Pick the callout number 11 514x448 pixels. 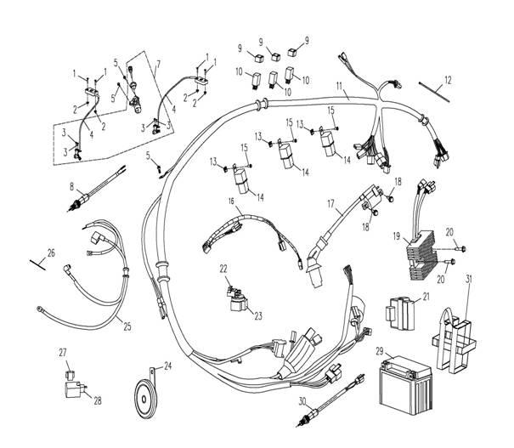(340, 87)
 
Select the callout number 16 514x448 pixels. (205, 200)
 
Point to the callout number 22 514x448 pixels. (223, 269)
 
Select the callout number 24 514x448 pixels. (168, 366)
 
